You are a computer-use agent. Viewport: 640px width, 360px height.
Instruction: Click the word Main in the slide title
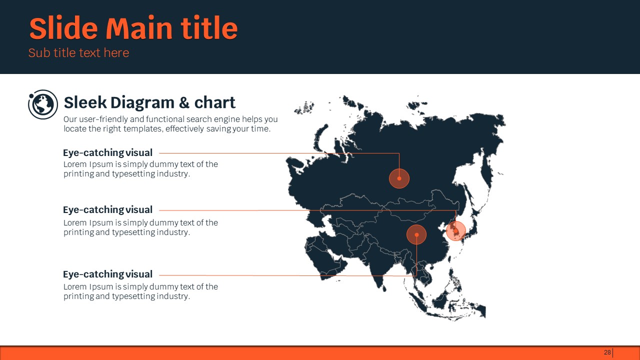click(139, 28)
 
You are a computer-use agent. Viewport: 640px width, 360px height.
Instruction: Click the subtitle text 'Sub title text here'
click(79, 53)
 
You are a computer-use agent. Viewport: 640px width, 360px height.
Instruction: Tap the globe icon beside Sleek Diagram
click(43, 104)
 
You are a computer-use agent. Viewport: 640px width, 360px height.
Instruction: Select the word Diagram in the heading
click(142, 103)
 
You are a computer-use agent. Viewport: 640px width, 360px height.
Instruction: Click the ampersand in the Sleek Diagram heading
click(184, 102)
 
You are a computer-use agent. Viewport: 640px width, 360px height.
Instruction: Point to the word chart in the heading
click(215, 102)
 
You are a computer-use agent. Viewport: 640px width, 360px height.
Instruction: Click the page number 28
click(607, 352)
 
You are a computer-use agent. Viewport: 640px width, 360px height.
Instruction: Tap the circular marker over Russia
click(399, 178)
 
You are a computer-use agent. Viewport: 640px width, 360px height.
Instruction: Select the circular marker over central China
click(416, 234)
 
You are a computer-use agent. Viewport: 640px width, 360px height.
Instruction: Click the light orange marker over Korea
click(456, 231)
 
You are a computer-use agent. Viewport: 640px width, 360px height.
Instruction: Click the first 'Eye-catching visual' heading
click(107, 153)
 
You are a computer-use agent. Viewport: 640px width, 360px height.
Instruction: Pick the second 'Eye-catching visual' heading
click(107, 209)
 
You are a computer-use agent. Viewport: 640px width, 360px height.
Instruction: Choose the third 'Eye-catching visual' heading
click(107, 274)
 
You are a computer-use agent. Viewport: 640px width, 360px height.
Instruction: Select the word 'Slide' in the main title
click(63, 28)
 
